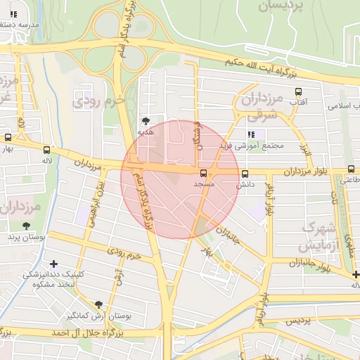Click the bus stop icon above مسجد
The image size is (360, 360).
point(204,172)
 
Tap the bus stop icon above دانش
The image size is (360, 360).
point(245,174)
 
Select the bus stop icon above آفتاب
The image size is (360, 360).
point(298,91)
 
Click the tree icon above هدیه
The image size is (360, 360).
point(146,121)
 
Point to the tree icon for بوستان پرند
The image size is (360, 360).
point(27,226)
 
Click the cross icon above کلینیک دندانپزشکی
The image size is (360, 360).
point(53,264)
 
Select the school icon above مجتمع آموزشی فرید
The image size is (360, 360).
point(252,134)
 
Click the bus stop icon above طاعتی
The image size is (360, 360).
point(351,169)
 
